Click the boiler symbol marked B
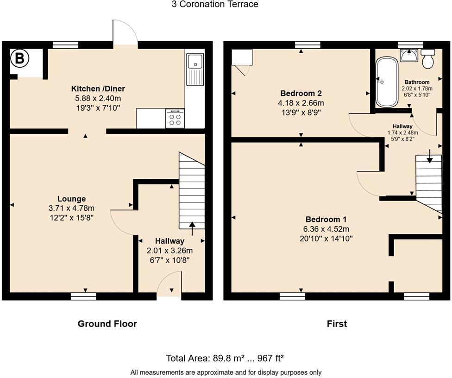(x=19, y=58)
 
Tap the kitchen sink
(x=195, y=69)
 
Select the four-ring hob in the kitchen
(x=175, y=119)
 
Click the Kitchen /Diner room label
(x=98, y=88)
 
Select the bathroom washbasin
(x=409, y=55)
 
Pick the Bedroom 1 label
(x=326, y=219)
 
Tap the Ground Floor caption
(x=107, y=324)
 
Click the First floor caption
(x=337, y=324)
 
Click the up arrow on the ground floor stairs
(x=192, y=225)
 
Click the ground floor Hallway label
(x=169, y=241)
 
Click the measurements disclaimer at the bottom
(x=226, y=372)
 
